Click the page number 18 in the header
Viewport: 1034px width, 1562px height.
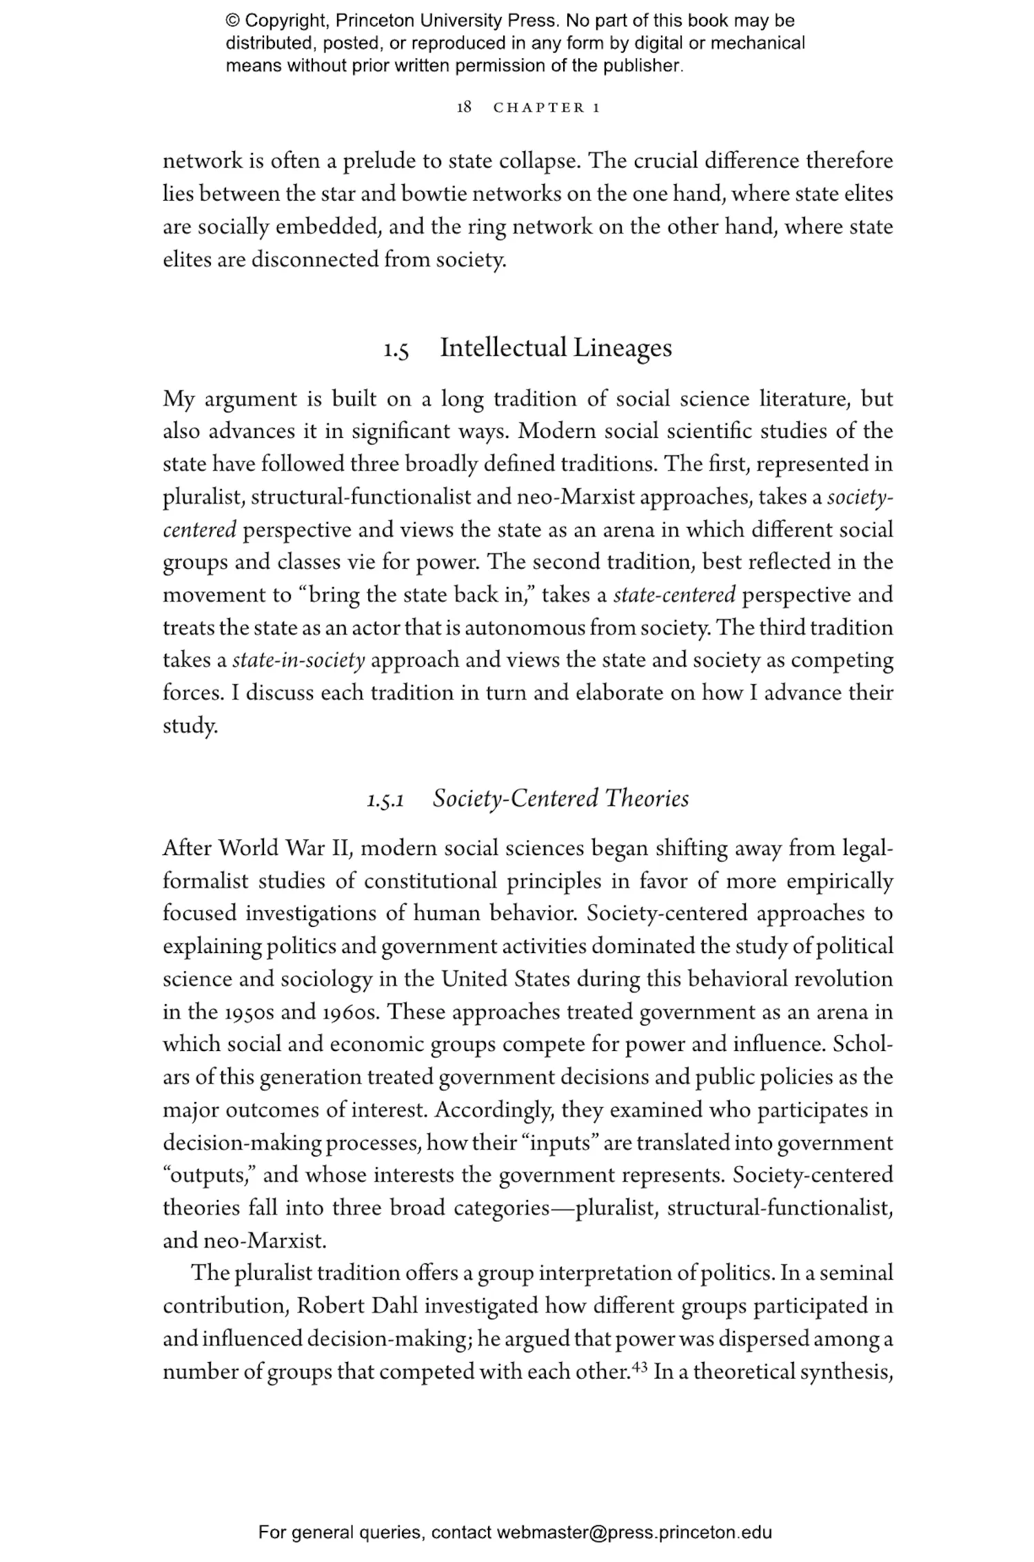coord(464,108)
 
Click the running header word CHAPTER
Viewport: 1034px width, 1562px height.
coord(539,108)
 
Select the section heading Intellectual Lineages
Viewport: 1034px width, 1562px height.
coord(556,348)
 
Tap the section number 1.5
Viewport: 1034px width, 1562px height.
coord(396,350)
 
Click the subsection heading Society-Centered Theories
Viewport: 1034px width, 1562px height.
coord(560,799)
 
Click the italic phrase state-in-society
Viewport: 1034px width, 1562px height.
coord(298,661)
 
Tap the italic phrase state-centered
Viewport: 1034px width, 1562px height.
coord(674,594)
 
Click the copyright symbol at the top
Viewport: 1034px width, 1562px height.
coord(233,21)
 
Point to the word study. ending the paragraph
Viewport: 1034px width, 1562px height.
coord(190,726)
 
